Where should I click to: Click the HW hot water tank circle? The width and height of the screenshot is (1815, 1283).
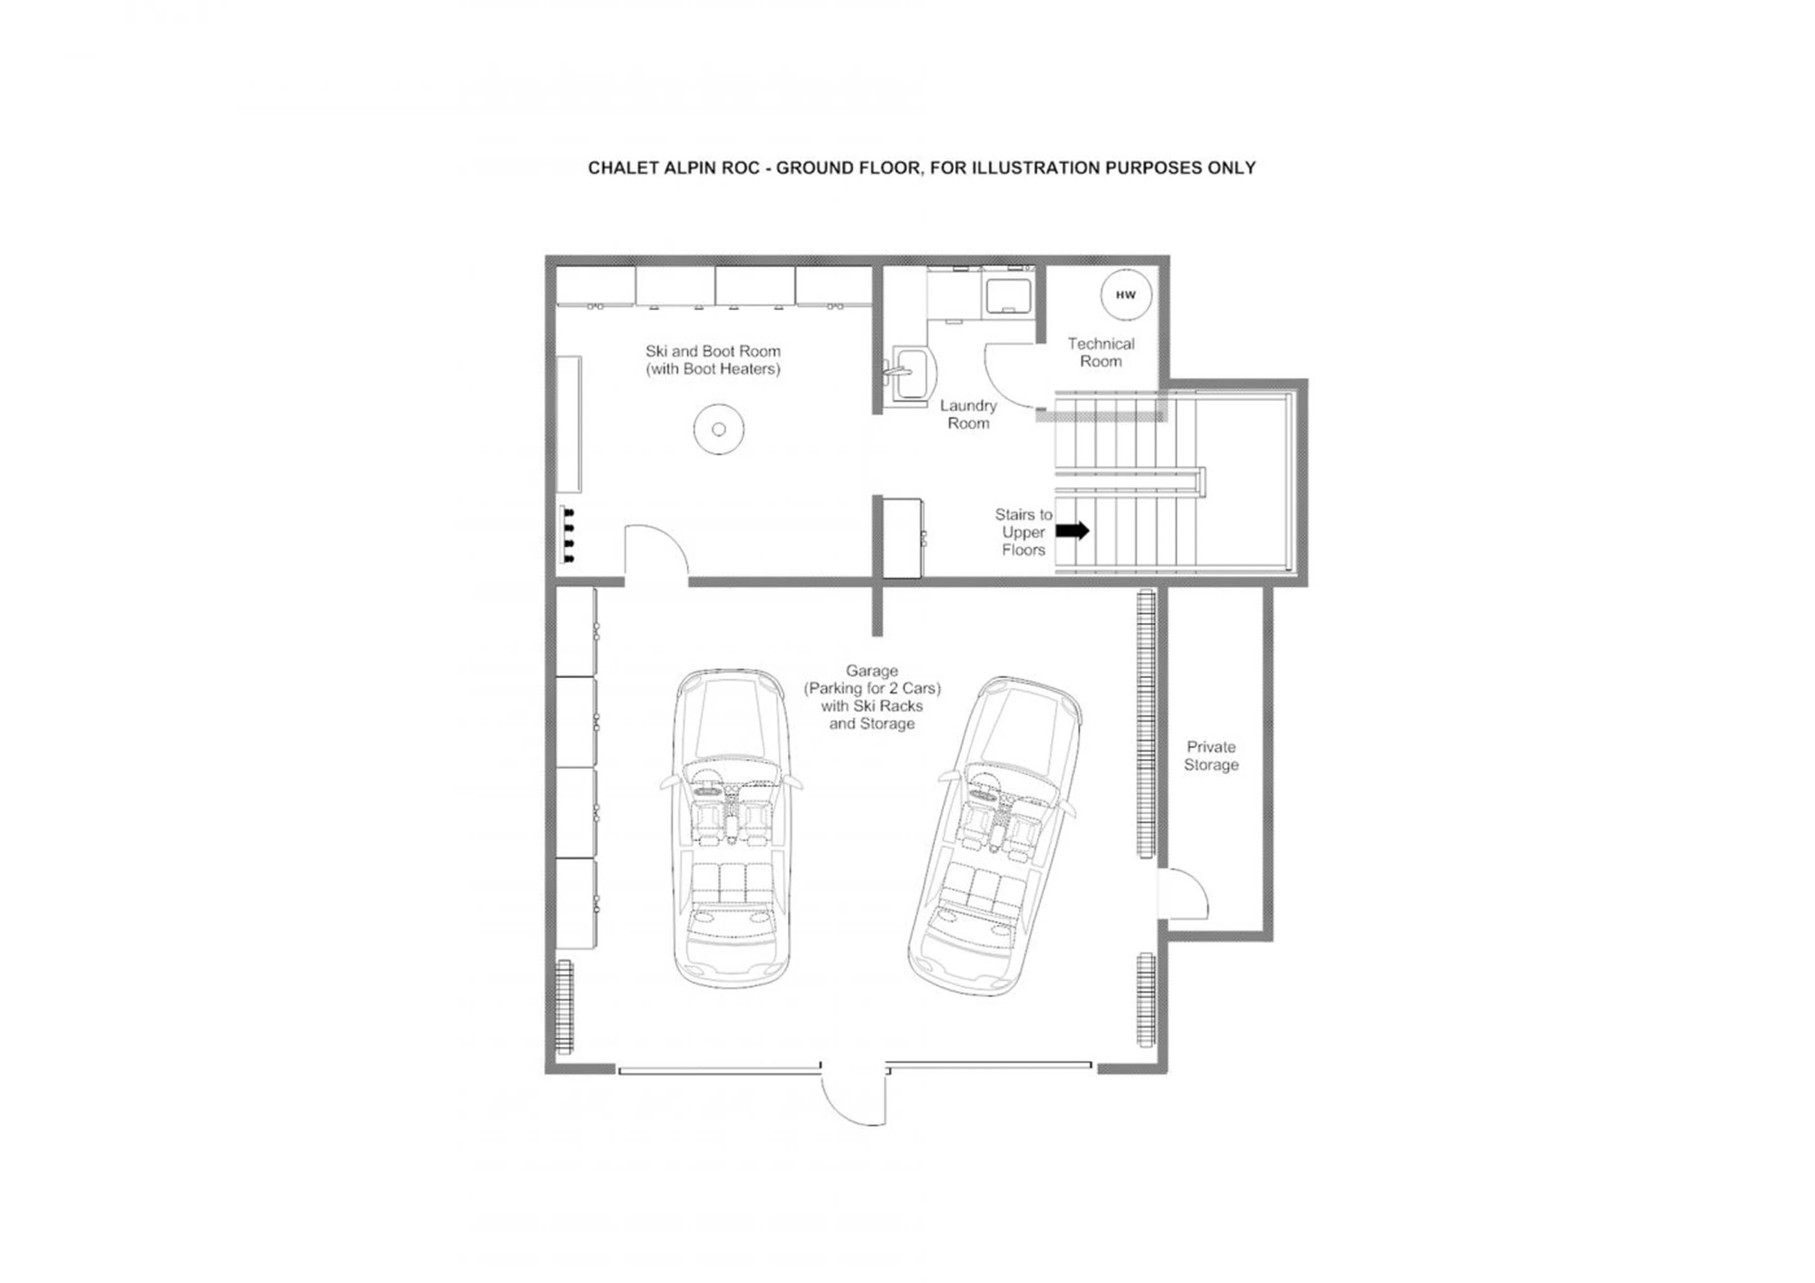point(1126,295)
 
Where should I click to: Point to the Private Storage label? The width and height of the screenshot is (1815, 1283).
point(1210,756)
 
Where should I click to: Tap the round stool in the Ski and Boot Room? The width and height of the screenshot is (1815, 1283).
point(718,429)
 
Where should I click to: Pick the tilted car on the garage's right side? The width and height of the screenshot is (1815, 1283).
point(994,835)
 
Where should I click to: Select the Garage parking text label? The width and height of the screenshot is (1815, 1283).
point(872,697)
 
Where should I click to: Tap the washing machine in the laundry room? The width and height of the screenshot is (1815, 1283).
point(1007,293)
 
